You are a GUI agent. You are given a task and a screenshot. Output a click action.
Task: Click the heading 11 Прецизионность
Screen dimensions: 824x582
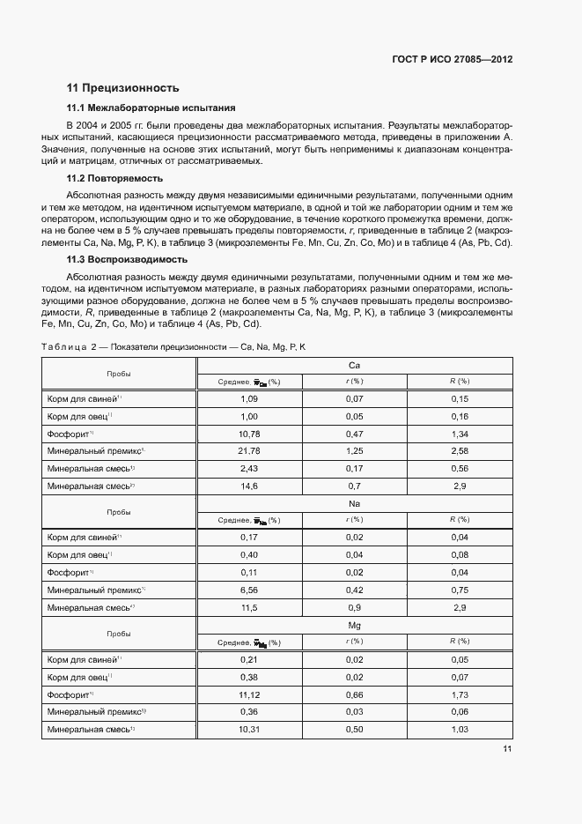[x=123, y=88]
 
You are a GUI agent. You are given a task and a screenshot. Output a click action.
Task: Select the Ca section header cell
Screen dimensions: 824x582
[x=354, y=365]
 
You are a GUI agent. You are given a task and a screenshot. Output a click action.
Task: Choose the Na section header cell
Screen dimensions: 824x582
[x=354, y=503]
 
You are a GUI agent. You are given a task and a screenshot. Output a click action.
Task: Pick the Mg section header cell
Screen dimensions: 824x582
[x=354, y=625]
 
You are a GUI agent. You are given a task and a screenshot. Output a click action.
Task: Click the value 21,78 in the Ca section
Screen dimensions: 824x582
[x=249, y=450]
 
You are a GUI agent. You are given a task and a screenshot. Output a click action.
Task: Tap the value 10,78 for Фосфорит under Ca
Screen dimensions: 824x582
[x=249, y=434]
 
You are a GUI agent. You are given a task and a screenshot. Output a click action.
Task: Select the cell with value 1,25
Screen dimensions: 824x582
[x=354, y=450]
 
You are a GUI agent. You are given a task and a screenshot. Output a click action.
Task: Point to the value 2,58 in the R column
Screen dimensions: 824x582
[x=459, y=450]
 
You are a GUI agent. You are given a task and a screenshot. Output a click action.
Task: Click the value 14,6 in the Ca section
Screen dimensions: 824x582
[x=249, y=486]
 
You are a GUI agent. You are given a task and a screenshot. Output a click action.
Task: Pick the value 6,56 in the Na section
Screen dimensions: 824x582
[x=249, y=590]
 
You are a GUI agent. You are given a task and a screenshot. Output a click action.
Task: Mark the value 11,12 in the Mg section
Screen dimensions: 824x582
[x=249, y=694]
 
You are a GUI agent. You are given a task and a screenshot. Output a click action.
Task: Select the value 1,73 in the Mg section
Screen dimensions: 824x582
[x=459, y=694]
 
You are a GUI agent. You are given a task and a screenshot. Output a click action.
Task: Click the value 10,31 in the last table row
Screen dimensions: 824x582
[x=249, y=729]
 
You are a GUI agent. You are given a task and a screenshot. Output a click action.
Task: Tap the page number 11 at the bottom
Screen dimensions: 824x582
[x=507, y=750]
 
